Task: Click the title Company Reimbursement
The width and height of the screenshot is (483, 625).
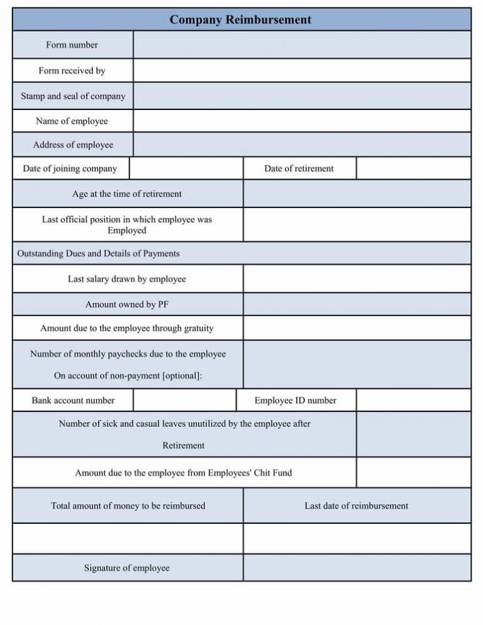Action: tap(240, 19)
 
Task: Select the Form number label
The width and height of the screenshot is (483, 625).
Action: tap(72, 45)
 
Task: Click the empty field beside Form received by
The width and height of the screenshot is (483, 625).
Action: tap(302, 70)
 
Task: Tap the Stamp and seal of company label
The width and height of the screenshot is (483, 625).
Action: tap(73, 96)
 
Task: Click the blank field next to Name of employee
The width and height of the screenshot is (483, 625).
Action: tap(302, 121)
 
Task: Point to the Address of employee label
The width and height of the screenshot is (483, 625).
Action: tap(73, 145)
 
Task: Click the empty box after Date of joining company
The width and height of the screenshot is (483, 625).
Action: tap(186, 169)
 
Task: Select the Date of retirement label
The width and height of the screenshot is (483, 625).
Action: tap(299, 169)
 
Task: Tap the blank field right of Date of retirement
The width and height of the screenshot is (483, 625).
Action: tap(413, 169)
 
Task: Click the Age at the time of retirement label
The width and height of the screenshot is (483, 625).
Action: tap(127, 194)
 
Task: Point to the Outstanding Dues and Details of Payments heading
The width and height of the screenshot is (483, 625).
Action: tap(98, 253)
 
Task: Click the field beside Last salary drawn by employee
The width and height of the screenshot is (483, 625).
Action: tap(357, 279)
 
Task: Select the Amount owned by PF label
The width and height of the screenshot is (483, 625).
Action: tap(127, 304)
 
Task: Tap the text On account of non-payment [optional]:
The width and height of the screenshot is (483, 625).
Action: tap(128, 375)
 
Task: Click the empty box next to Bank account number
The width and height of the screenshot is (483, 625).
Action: tap(185, 400)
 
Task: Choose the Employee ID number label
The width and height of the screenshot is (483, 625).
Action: tap(295, 400)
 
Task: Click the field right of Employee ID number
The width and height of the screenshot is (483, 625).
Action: tap(413, 400)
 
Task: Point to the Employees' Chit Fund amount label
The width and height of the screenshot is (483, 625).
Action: tap(184, 473)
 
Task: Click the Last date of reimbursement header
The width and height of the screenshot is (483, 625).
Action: tap(357, 506)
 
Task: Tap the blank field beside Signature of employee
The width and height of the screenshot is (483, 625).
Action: tap(357, 568)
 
